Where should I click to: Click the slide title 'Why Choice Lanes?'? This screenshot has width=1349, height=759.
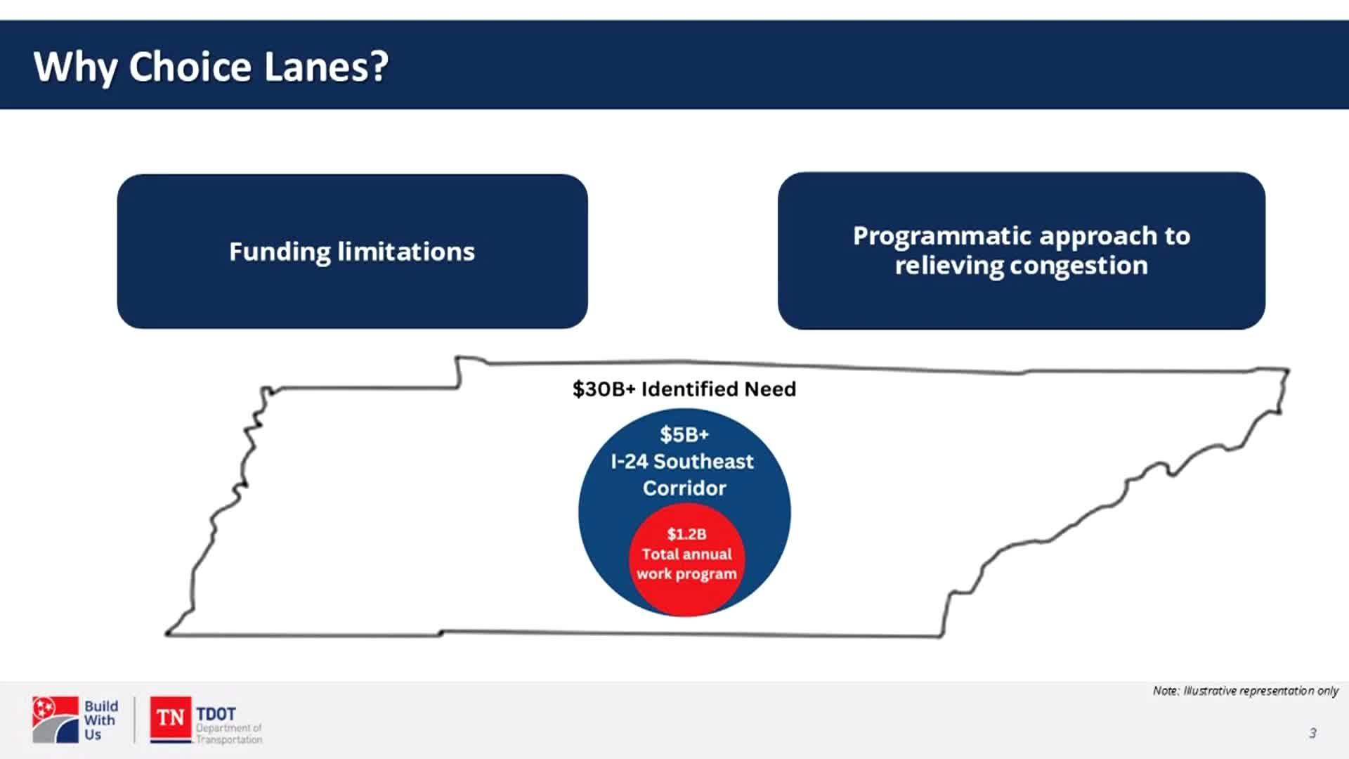[211, 67]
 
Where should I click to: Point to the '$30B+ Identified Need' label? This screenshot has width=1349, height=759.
[684, 389]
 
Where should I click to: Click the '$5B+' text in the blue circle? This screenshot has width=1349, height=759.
[684, 434]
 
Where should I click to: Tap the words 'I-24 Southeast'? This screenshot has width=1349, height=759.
[682, 462]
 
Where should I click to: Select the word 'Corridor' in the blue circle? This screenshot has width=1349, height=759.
[684, 488]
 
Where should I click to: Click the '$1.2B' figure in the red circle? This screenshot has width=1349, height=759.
[686, 534]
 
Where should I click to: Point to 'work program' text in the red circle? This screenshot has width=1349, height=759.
[686, 573]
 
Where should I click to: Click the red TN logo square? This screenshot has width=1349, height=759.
[170, 718]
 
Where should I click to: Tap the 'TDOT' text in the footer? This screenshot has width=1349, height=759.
[216, 713]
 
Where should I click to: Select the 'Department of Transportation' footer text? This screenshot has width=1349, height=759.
[228, 734]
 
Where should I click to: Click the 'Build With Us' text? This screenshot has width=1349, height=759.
[100, 720]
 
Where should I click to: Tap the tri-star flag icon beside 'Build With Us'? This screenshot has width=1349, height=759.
[55, 720]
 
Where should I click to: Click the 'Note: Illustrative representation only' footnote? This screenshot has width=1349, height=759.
[1245, 691]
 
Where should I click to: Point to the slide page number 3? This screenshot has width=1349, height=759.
[1312, 733]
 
